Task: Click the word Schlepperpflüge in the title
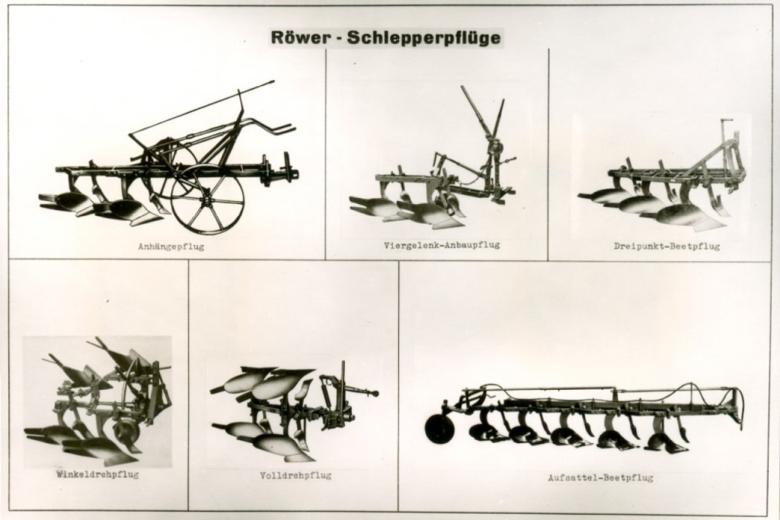point(424,38)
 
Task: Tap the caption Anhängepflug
point(171,247)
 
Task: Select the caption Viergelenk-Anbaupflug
point(442,245)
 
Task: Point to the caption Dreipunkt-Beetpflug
point(667,246)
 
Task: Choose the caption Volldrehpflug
point(296,476)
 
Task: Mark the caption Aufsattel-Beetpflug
point(600,478)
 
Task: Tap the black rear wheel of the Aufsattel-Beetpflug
point(439,428)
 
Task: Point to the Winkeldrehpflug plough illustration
point(98,401)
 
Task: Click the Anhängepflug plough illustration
point(169,157)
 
